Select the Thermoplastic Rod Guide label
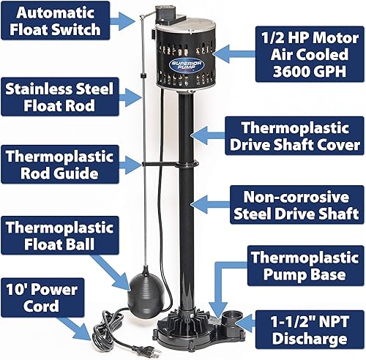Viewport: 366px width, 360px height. [59, 166]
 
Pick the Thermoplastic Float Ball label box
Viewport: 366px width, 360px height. [60, 234]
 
